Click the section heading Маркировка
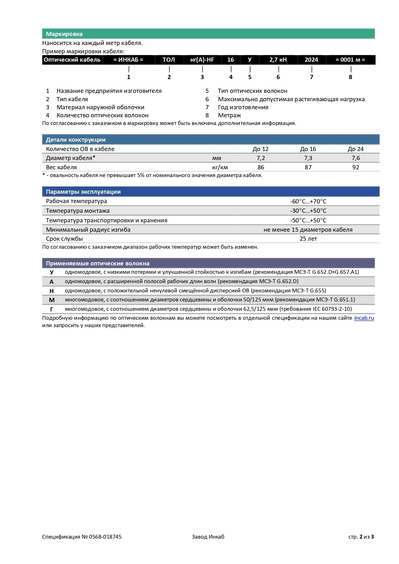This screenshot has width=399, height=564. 64,34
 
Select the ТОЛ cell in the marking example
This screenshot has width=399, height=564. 169,60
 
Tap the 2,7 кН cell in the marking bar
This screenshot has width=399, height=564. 278,60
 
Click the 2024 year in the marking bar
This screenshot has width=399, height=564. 311,60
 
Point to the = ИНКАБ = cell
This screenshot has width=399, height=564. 128,60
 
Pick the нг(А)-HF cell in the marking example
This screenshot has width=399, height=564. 202,60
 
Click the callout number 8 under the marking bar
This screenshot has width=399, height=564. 350,77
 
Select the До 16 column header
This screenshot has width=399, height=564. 308,149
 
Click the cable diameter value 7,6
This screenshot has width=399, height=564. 356,158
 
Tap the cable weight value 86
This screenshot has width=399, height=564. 261,167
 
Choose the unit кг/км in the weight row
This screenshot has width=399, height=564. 220,167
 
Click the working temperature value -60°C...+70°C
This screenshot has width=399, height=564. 308,201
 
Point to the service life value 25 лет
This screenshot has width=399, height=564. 308,239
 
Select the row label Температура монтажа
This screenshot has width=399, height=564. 77,211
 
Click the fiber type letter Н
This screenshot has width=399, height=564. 51,291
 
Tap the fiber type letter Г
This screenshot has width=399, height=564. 51,309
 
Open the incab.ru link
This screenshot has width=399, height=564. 364,318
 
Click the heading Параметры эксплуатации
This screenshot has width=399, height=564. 83,192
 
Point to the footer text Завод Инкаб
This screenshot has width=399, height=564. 208,537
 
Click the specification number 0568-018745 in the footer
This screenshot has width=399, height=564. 105,537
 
